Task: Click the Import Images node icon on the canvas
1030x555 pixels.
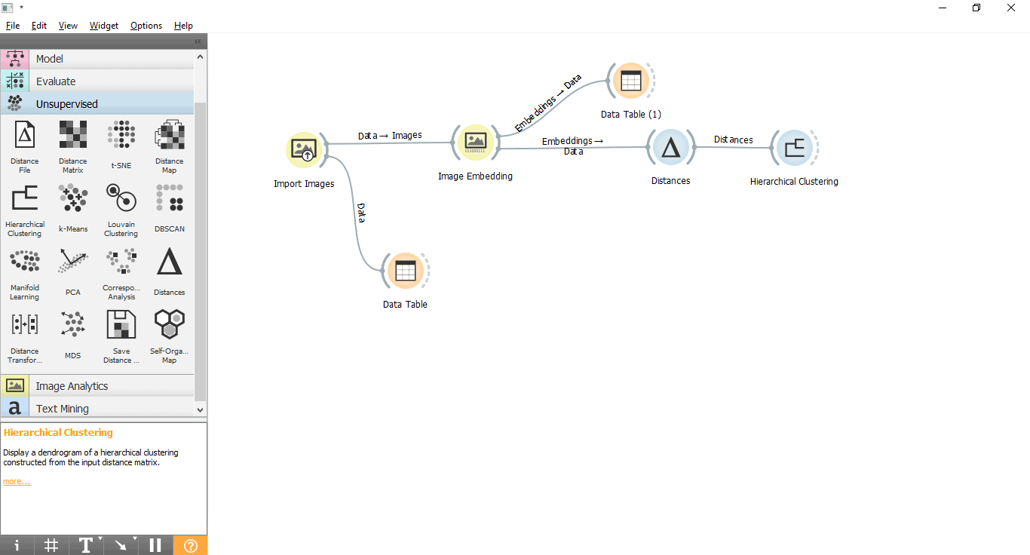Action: click(305, 149)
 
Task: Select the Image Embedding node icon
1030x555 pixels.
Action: click(475, 142)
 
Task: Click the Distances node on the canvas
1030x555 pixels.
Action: click(670, 148)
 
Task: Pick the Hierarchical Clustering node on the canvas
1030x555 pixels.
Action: click(793, 148)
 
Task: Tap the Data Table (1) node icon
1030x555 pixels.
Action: click(630, 81)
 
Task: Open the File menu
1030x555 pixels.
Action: click(13, 26)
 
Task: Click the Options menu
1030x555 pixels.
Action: click(146, 26)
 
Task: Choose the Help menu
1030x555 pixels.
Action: click(183, 26)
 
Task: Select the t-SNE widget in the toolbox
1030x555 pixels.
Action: click(121, 136)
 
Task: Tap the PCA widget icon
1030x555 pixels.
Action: click(73, 263)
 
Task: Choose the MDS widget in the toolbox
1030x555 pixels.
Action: click(73, 327)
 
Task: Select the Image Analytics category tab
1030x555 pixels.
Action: click(72, 386)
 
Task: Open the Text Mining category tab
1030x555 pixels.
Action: click(62, 409)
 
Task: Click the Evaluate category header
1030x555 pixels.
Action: click(56, 81)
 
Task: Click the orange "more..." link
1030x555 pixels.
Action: click(17, 481)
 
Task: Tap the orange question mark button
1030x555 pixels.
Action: click(190, 545)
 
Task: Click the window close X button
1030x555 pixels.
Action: click(1011, 8)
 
